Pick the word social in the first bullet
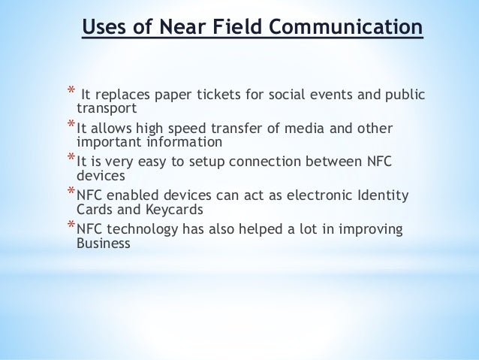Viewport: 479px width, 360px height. (x=285, y=95)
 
